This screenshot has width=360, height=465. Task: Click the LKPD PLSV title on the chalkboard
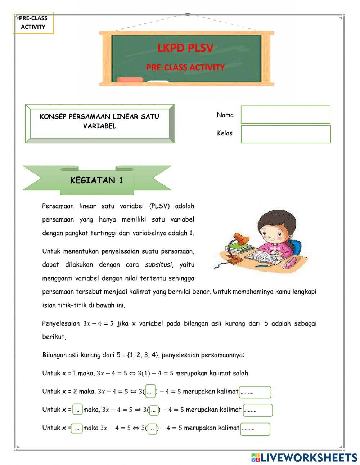point(185,48)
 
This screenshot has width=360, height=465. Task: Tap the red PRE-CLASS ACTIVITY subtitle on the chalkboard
point(185,67)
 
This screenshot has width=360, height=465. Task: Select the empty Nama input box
point(285,115)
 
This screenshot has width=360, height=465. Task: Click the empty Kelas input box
point(285,134)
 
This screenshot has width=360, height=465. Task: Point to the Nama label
point(225,115)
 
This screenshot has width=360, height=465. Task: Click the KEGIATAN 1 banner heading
point(96,180)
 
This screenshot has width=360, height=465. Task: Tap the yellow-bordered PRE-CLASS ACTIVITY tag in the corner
point(33,22)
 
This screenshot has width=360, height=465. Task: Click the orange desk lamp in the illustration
point(240,239)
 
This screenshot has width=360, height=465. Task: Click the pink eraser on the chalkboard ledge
point(130,80)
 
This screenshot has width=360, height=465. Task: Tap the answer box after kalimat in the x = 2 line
point(255,392)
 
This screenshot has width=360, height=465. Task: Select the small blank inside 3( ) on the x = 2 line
point(150,392)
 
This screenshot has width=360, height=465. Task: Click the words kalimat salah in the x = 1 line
point(234,373)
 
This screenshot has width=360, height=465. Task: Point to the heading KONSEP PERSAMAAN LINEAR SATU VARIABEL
point(99,121)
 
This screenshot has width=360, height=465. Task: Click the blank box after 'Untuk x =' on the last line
point(77,429)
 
